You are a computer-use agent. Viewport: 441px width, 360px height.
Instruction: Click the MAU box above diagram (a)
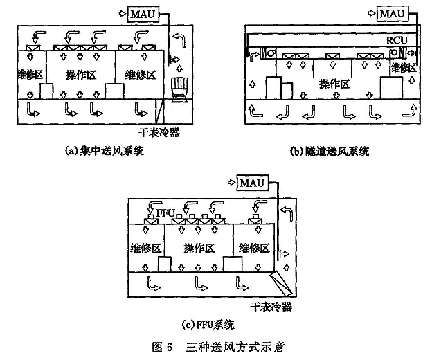141,13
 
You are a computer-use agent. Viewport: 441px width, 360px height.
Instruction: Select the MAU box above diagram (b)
391,13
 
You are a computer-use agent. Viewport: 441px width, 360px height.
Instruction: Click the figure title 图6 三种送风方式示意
220,346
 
